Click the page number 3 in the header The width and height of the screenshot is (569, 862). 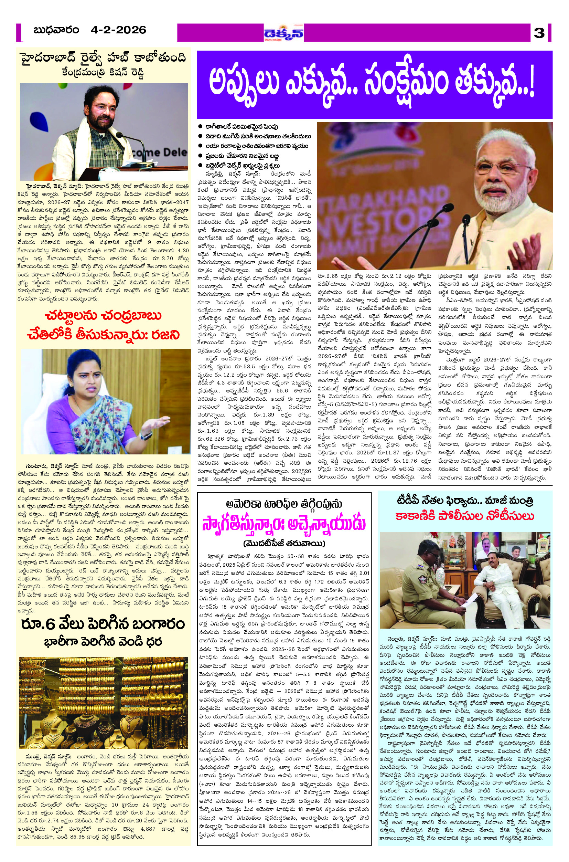[539, 33]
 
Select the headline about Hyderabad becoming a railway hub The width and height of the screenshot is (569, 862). [103, 58]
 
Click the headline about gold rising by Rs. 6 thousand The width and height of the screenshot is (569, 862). [103, 624]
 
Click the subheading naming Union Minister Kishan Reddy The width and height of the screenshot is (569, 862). [103, 73]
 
